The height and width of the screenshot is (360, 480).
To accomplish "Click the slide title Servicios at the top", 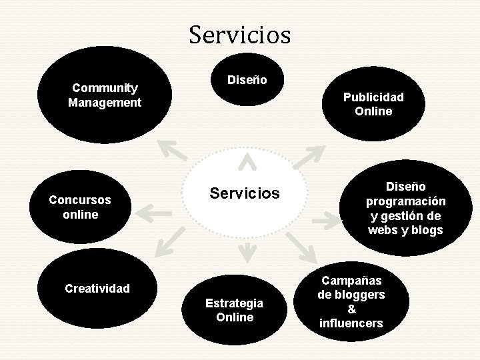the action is click(239, 34).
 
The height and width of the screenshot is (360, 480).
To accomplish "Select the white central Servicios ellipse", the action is click(244, 193).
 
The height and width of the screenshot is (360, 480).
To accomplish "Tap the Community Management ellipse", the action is click(104, 95).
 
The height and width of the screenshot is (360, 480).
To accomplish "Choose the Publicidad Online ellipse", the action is click(373, 104).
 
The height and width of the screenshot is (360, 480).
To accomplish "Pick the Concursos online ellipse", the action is click(80, 207).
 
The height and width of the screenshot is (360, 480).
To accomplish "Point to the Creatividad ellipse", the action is click(97, 289).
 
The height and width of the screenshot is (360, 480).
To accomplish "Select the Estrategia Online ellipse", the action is click(234, 310).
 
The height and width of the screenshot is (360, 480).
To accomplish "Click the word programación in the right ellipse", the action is click(405, 201).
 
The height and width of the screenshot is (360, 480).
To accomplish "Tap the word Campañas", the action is click(352, 281).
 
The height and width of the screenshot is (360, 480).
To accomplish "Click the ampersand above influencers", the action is click(352, 309).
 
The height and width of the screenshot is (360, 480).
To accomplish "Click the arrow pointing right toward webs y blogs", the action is click(327, 219).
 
